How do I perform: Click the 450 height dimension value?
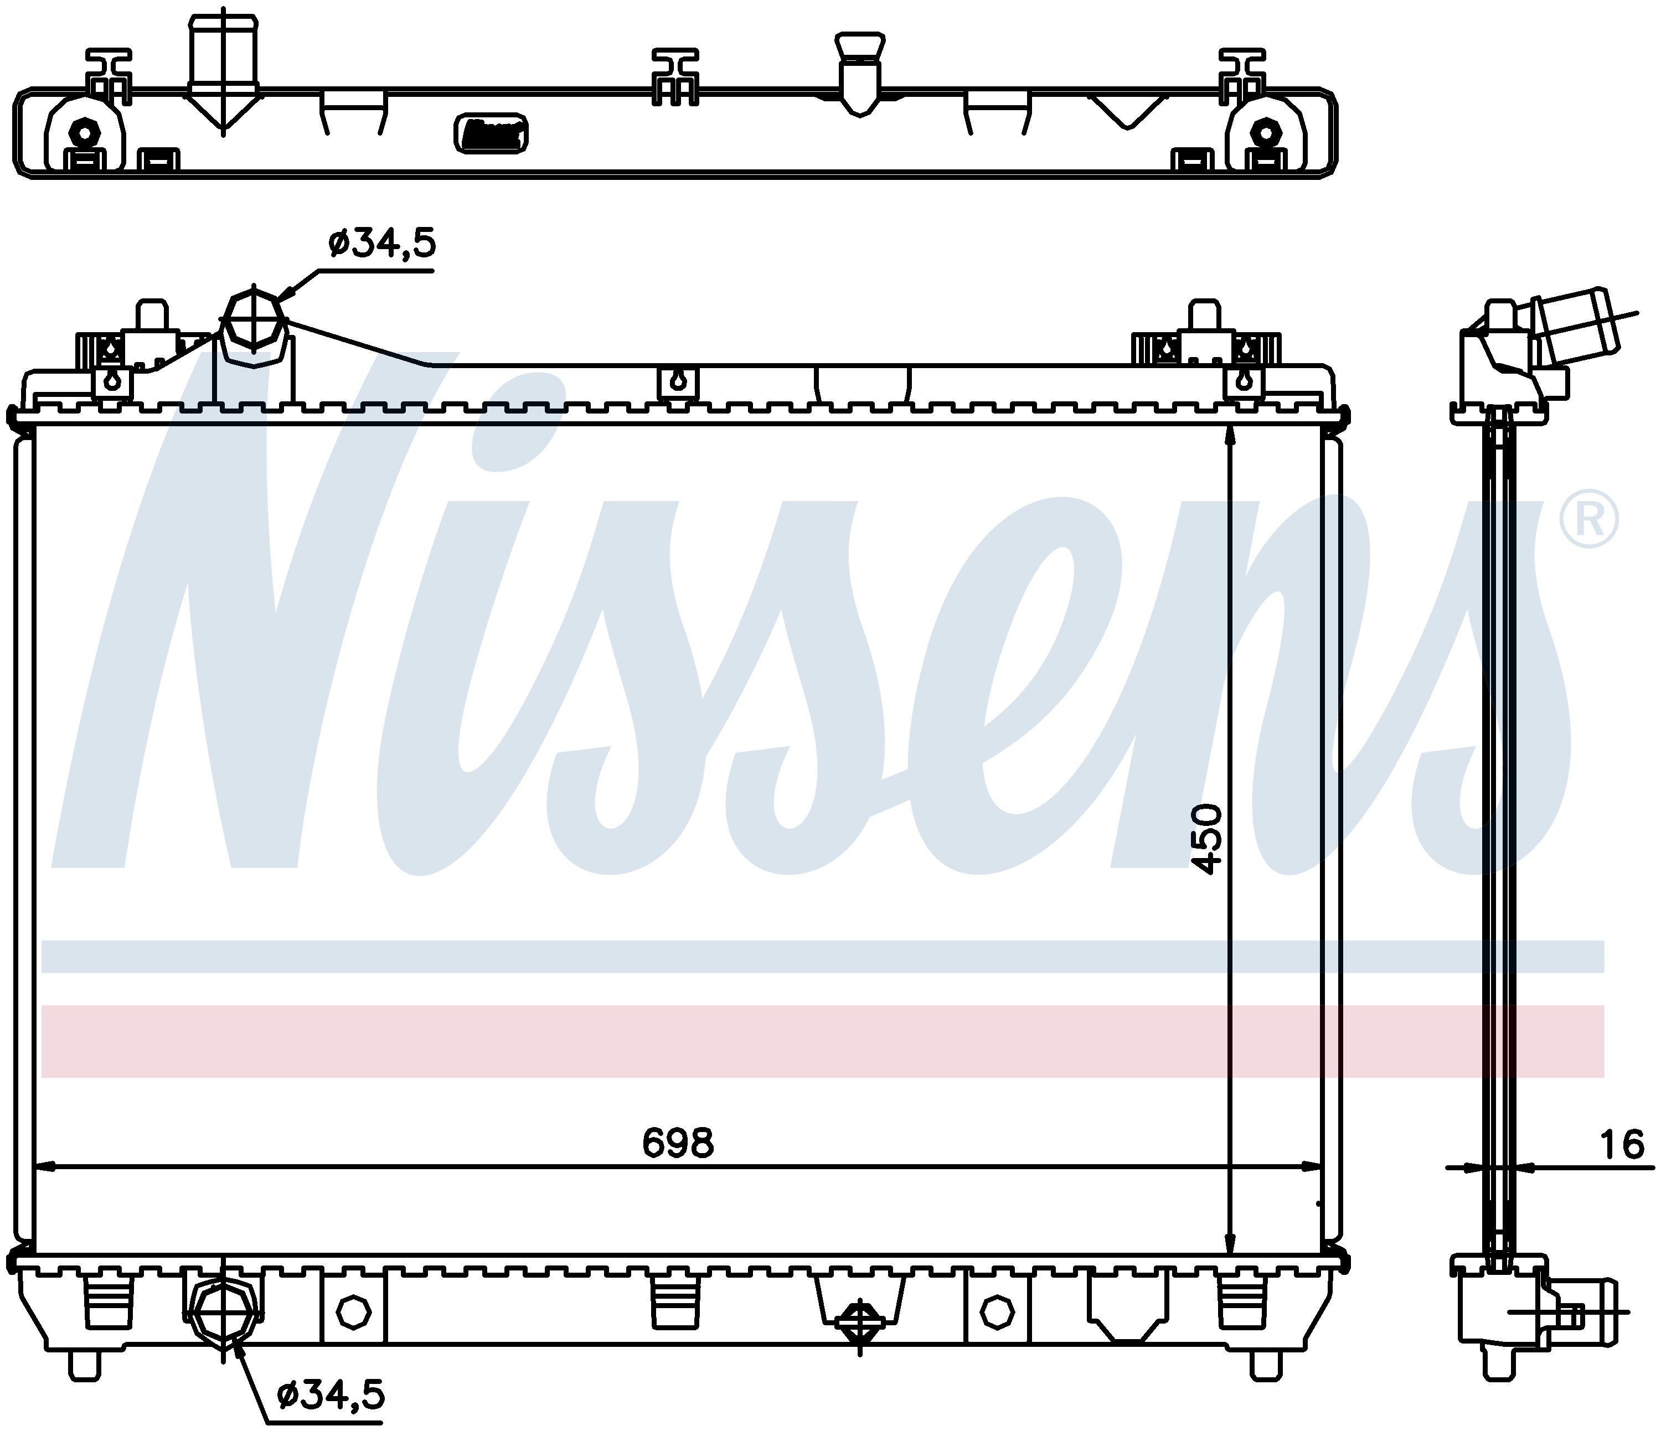1206,839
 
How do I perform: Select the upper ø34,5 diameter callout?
381,242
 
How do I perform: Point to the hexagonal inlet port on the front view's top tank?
254,326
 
